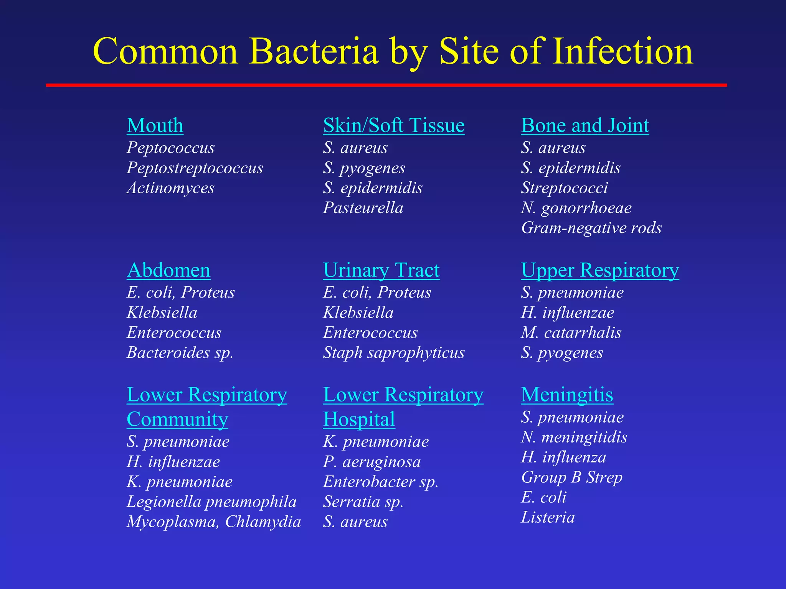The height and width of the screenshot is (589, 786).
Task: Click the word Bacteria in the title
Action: coord(314,52)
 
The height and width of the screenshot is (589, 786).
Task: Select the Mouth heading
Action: coord(155,126)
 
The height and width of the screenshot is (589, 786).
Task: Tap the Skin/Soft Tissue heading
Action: coord(394,126)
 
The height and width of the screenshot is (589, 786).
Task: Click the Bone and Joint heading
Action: coord(585,126)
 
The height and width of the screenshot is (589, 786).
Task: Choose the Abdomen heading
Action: coord(168,270)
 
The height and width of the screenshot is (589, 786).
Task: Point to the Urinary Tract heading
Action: coord(381,270)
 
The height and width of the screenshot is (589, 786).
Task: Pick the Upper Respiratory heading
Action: coord(600,270)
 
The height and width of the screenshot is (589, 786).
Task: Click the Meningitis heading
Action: coord(567,395)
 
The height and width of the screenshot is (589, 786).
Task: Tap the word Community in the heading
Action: coord(177,420)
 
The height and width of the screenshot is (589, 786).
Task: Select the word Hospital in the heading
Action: coord(359,420)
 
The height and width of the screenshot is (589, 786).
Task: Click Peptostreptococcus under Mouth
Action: coord(195,168)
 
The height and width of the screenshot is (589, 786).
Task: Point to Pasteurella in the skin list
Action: coord(363,208)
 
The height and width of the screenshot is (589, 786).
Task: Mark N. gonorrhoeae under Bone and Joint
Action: coord(576,208)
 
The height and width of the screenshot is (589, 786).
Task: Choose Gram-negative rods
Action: coord(591,228)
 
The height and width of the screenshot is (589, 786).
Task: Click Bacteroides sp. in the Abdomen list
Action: coord(180,353)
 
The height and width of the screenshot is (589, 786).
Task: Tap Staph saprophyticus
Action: coord(394,353)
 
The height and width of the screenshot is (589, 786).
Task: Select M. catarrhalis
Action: coord(571,332)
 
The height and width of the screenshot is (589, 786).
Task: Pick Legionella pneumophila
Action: coord(211,502)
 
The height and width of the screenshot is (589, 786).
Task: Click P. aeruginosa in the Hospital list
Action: coord(372,462)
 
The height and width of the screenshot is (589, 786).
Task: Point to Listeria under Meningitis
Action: coord(548,518)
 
